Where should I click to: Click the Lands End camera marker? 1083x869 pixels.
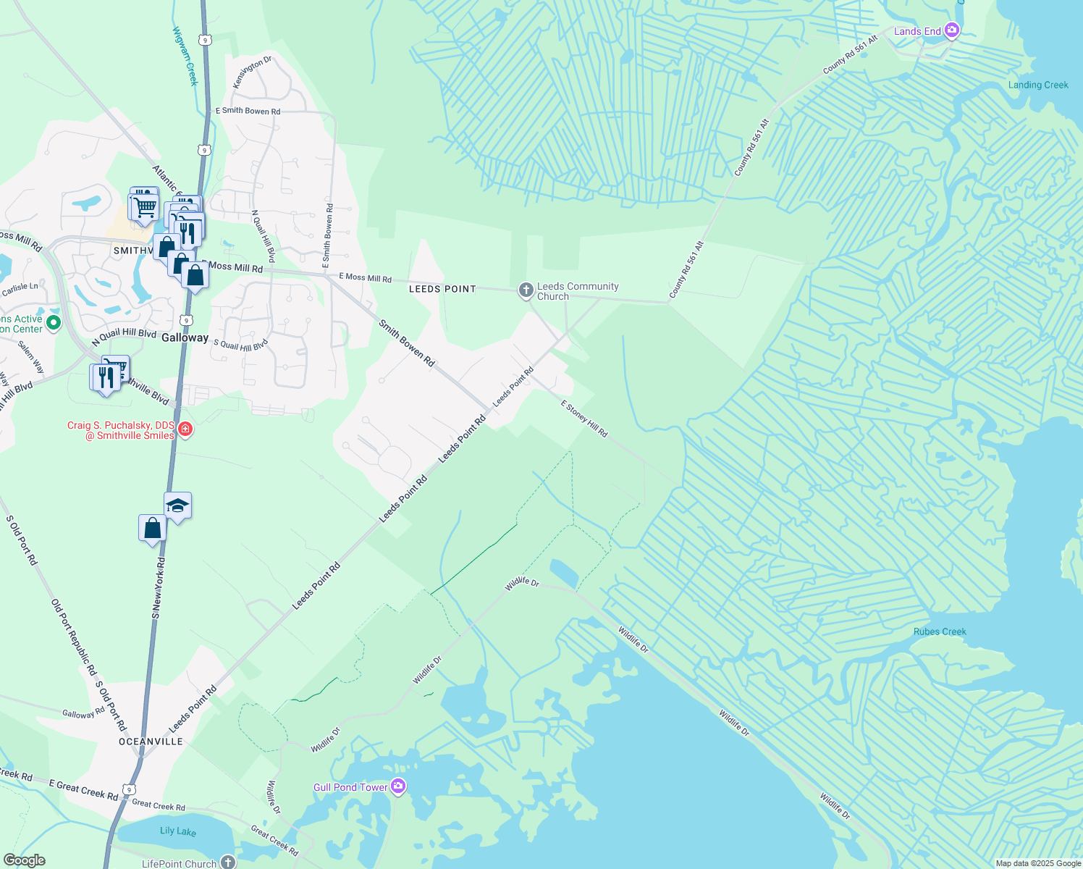952,30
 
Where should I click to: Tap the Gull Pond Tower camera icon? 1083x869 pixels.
397,786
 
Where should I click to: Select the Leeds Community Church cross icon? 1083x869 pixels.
526,291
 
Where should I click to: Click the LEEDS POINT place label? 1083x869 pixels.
442,289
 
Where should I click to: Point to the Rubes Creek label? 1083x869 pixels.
940,631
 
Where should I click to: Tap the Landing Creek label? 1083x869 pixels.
1038,85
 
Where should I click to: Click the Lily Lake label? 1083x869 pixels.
178,831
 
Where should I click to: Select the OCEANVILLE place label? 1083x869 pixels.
151,742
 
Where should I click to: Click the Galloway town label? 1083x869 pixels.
185,337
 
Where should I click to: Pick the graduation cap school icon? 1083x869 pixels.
177,505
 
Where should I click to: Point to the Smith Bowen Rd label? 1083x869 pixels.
407,343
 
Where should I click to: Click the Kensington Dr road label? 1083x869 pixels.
252,72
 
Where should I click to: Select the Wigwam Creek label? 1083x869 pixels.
185,56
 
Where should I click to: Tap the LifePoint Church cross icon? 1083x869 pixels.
228,862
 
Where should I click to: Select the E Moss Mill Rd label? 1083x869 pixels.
365,278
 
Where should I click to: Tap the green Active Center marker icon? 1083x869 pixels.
53,323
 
